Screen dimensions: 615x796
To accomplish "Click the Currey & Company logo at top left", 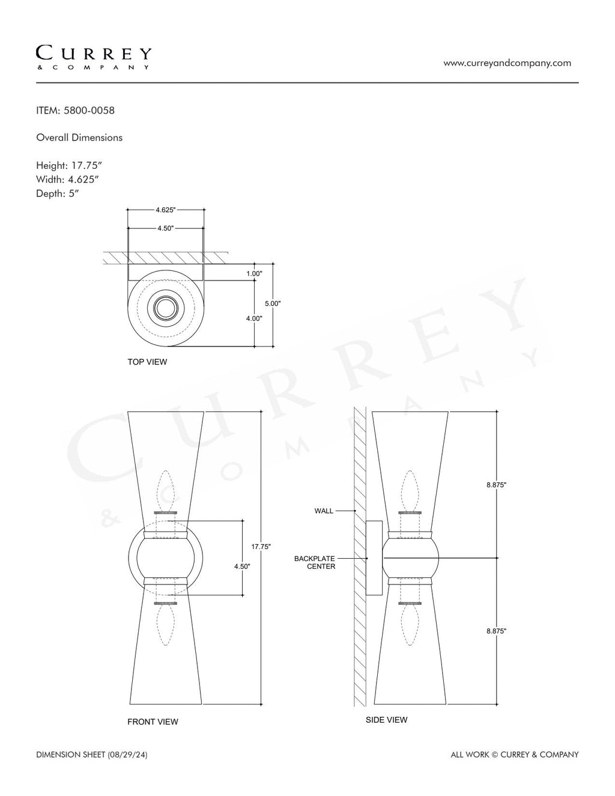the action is [93, 58].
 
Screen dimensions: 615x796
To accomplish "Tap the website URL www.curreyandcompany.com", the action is [507, 63].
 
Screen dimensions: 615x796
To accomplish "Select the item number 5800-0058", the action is [89, 111].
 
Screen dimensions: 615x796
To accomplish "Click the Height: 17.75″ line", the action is [69, 166].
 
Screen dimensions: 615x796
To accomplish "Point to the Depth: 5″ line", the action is [58, 193].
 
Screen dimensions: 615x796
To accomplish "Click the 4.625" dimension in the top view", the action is [166, 210].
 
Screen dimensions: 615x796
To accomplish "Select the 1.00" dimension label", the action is [254, 273].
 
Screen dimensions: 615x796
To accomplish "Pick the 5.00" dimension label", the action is [273, 303].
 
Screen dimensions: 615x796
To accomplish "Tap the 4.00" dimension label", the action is [254, 318].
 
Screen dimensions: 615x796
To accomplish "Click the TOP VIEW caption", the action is [147, 362].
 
